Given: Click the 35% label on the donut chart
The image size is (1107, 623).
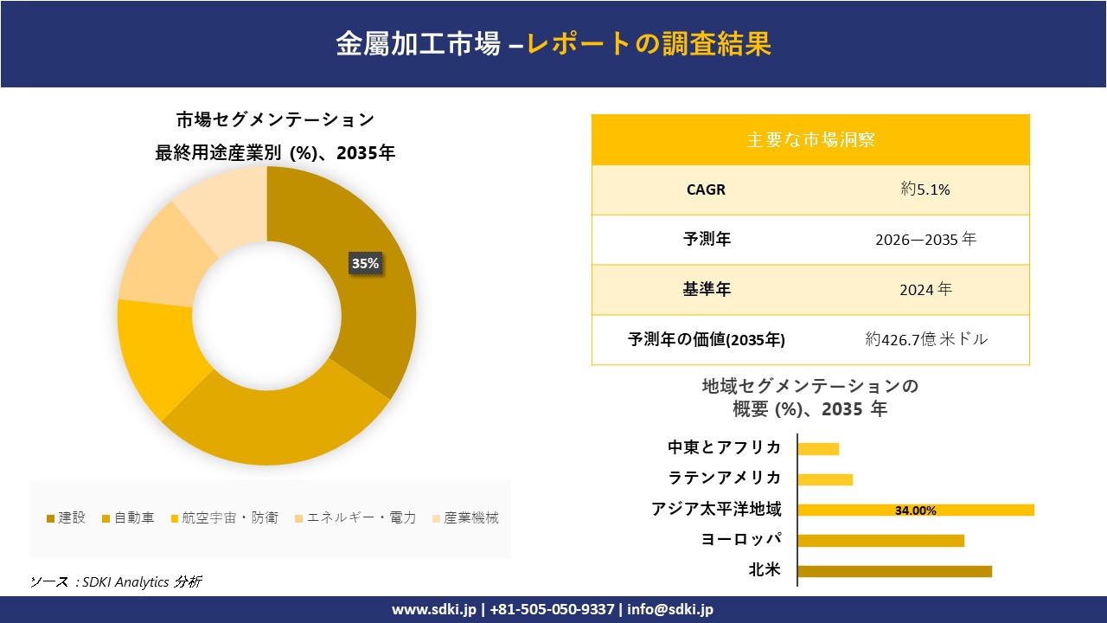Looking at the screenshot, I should pos(365,263).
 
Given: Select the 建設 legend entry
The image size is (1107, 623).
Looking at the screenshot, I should pos(67,518).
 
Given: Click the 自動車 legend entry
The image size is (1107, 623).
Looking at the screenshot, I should pos(129,518).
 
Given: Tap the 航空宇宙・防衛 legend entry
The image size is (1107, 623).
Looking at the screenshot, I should pos(224,518).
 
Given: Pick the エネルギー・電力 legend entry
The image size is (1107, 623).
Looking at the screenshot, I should pos(355,518).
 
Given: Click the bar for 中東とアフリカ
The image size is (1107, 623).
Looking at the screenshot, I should pos(818,448).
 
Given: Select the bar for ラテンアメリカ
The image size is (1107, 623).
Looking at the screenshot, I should pos(825,479).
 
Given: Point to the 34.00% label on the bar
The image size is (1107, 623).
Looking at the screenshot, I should pos(915,511).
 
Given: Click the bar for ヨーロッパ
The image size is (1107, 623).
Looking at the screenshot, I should pos(880,541).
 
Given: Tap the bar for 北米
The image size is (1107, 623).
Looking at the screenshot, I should pos(894,571).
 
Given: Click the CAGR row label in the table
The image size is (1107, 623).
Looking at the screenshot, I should pos(706,189).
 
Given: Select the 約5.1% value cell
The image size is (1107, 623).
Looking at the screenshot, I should pos(925,189).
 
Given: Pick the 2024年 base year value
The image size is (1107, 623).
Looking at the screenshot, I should pos(925,290).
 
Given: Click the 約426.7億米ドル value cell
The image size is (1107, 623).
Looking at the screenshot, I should pos(925,340).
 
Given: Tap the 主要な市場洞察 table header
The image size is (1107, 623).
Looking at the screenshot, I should pos(810,139).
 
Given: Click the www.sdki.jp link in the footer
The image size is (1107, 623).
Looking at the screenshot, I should pos(434,609).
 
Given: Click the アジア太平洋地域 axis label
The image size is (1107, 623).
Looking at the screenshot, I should pos(716,510).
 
